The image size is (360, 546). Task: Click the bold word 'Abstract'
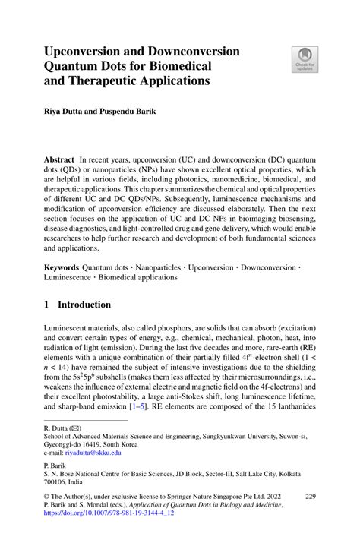click(59, 161)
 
